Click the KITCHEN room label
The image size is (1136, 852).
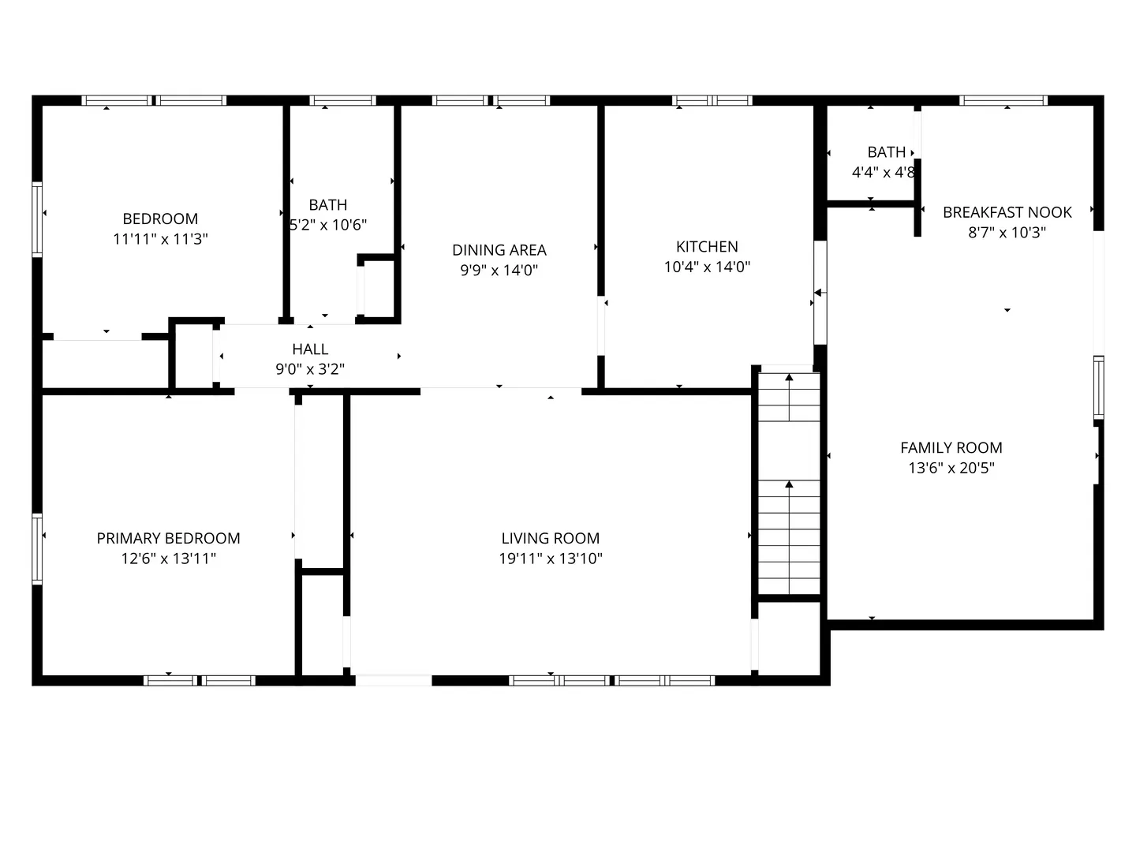point(707,247)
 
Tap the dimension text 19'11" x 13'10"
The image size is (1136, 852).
point(551,559)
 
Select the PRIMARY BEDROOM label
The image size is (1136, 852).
point(168,538)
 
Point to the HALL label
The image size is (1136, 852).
point(310,349)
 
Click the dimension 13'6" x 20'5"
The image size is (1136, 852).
point(951,468)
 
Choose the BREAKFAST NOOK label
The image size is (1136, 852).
point(1007,212)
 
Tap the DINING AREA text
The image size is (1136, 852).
point(499,250)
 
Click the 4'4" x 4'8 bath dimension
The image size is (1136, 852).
point(883,172)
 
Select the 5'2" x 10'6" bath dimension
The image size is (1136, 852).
point(328,225)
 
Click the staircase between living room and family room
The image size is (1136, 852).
point(789,483)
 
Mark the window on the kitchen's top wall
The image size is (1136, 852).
point(712,100)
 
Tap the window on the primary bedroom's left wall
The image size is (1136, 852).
point(36,548)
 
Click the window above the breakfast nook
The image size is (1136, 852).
point(1003,100)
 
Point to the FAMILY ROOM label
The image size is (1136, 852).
point(951,447)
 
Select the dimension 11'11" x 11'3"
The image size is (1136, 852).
point(160,239)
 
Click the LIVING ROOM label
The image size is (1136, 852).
point(551,538)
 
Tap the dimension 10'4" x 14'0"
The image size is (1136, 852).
point(707,267)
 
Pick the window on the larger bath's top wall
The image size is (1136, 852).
point(342,100)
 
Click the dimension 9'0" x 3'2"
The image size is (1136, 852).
point(310,368)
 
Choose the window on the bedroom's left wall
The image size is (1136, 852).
point(36,219)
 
